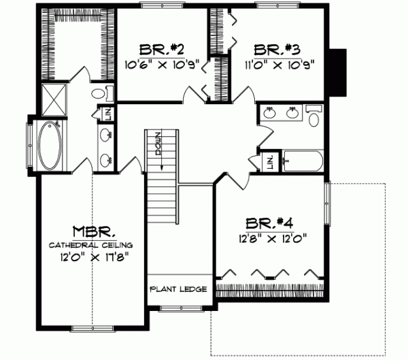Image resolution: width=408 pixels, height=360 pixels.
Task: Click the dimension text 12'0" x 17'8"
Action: (90, 257)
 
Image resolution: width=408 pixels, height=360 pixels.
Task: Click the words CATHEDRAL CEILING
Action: (90, 244)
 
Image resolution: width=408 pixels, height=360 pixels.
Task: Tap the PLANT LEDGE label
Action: (178, 289)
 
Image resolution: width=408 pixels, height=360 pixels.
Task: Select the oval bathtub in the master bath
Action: (48, 146)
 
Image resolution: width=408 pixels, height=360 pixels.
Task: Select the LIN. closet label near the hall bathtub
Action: (270, 162)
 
